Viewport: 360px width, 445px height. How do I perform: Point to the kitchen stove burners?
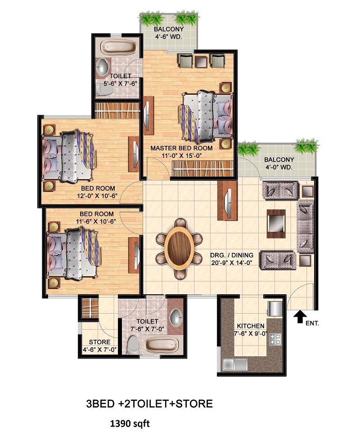click(275, 339)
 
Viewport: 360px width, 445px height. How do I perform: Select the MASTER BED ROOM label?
click(181, 148)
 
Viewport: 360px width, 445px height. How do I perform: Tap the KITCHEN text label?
click(250, 326)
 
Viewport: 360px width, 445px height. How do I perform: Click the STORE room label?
click(99, 342)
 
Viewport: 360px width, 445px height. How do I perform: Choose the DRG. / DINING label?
click(232, 255)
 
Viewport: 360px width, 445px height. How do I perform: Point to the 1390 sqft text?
click(130, 424)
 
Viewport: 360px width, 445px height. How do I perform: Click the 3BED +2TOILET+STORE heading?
click(149, 404)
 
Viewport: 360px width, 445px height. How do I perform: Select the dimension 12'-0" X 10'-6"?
click(97, 196)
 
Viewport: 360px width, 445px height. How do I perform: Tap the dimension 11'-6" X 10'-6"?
click(96, 221)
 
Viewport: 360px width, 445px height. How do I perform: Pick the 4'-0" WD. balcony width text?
click(279, 167)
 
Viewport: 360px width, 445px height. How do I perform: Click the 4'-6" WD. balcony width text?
click(169, 36)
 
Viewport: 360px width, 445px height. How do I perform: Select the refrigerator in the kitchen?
click(275, 308)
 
